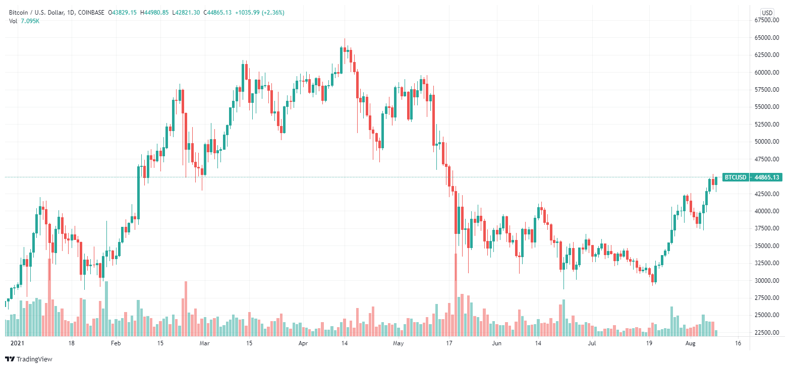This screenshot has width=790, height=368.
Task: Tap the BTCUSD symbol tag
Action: coord(735,177)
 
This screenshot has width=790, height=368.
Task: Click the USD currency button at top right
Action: coord(767,13)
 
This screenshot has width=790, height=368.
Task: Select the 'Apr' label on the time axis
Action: coord(303,343)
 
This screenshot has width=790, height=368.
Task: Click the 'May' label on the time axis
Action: coord(399,343)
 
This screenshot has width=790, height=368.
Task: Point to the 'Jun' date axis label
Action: coord(497,343)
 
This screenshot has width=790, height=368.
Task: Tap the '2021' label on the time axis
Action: coord(18,343)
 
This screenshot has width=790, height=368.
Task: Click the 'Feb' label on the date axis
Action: coord(116,343)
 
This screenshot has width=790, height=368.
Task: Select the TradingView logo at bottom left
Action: coord(29,359)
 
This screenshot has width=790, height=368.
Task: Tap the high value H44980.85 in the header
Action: coord(144,12)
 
